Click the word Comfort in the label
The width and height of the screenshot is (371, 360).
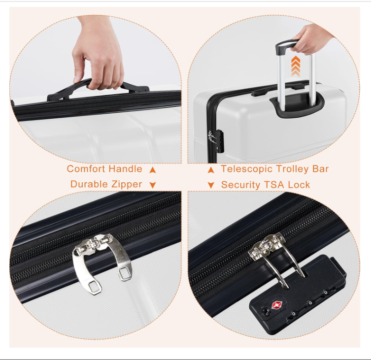coord(86,169)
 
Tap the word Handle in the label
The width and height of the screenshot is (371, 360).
coord(126,169)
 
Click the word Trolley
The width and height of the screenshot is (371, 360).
coord(293,169)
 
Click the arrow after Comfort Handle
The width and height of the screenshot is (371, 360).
coord(153,170)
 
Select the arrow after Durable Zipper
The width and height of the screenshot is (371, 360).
coord(153,185)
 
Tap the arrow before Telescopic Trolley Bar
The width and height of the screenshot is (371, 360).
coord(211,170)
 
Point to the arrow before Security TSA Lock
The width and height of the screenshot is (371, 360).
coord(211,185)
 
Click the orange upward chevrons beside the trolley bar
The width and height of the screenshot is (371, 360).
coord(296,66)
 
